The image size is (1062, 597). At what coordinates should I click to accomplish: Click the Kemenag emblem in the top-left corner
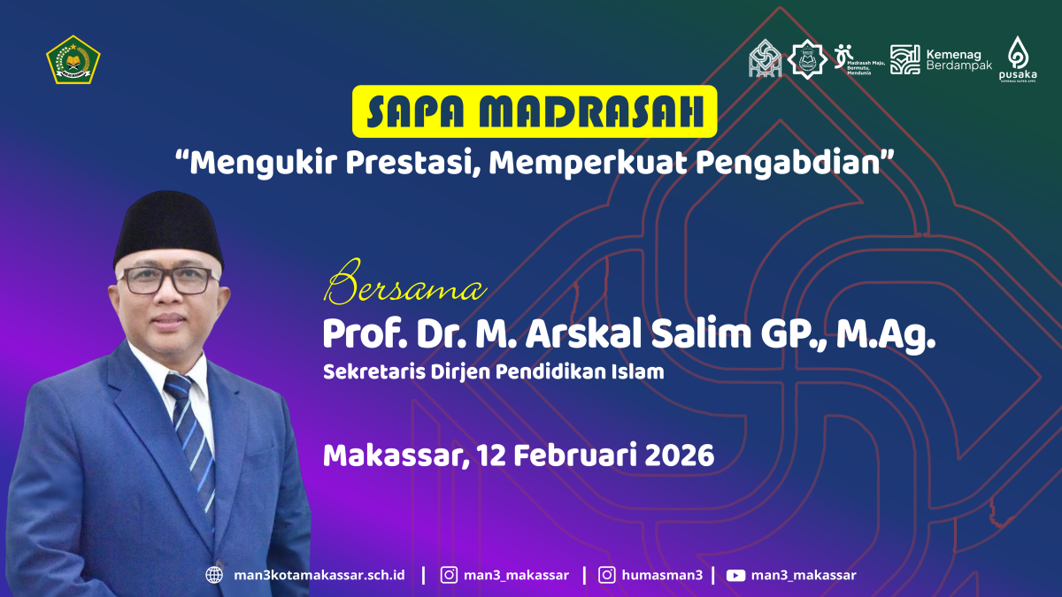point(73,59)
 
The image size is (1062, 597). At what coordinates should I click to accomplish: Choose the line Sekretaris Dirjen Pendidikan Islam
point(493,371)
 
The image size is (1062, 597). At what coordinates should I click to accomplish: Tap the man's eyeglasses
point(167,280)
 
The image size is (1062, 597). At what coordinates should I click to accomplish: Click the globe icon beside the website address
point(214,575)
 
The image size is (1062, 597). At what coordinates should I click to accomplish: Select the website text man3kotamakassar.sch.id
point(319,575)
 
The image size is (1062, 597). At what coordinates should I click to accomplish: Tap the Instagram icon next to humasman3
point(607,575)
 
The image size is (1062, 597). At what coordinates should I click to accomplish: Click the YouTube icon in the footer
point(735,575)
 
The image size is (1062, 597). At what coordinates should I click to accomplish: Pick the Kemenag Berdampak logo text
point(958,59)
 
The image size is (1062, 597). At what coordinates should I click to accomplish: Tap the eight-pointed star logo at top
point(808,58)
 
